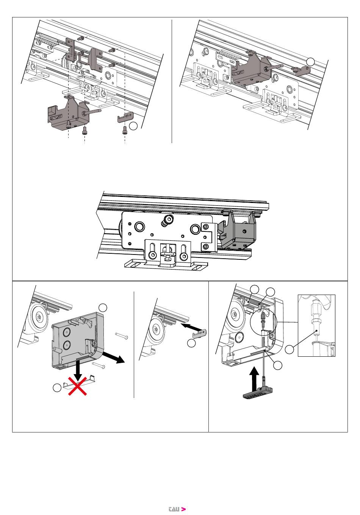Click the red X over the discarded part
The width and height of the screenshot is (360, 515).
(78, 386)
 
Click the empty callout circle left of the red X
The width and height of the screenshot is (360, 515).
(57, 388)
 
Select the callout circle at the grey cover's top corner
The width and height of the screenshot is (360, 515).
(103, 307)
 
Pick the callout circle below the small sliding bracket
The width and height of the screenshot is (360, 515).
(191, 343)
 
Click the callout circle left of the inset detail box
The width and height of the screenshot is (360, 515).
(290, 350)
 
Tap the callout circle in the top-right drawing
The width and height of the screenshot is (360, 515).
(310, 61)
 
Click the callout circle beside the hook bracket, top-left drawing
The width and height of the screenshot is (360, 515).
(133, 126)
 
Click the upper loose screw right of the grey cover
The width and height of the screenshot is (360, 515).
(122, 336)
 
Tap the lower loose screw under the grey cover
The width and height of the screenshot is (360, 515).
(99, 364)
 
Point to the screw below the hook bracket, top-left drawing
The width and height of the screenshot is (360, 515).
(124, 130)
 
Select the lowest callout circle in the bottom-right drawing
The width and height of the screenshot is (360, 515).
(278, 365)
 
